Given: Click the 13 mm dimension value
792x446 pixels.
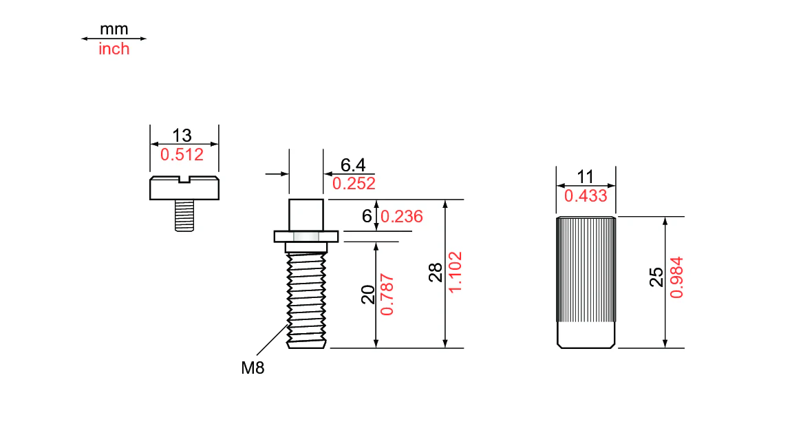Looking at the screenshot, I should [182, 135].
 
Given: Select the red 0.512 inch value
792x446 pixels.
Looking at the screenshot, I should [182, 155].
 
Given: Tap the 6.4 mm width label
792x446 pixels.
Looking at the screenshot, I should [353, 165].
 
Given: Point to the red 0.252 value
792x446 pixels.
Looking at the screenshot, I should [354, 184].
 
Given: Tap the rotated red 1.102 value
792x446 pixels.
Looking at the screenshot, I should [455, 273].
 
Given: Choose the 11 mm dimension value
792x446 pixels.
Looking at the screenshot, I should [585, 177].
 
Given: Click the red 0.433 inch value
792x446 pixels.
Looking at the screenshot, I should [586, 196].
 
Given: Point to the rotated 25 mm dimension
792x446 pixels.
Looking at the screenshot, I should [656, 277].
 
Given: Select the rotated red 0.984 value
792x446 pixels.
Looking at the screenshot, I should [676, 277].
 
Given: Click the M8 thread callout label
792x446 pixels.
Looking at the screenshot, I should [253, 368].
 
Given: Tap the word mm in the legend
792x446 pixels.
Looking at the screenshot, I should [114, 30].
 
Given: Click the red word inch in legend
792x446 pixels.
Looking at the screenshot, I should [114, 50].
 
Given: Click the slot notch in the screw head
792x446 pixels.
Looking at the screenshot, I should [184, 180].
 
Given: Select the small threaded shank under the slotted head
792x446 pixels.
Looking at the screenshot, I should [184, 215].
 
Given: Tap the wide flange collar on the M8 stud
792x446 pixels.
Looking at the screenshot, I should [306, 236].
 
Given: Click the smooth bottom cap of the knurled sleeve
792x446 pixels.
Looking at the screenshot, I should [586, 337].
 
